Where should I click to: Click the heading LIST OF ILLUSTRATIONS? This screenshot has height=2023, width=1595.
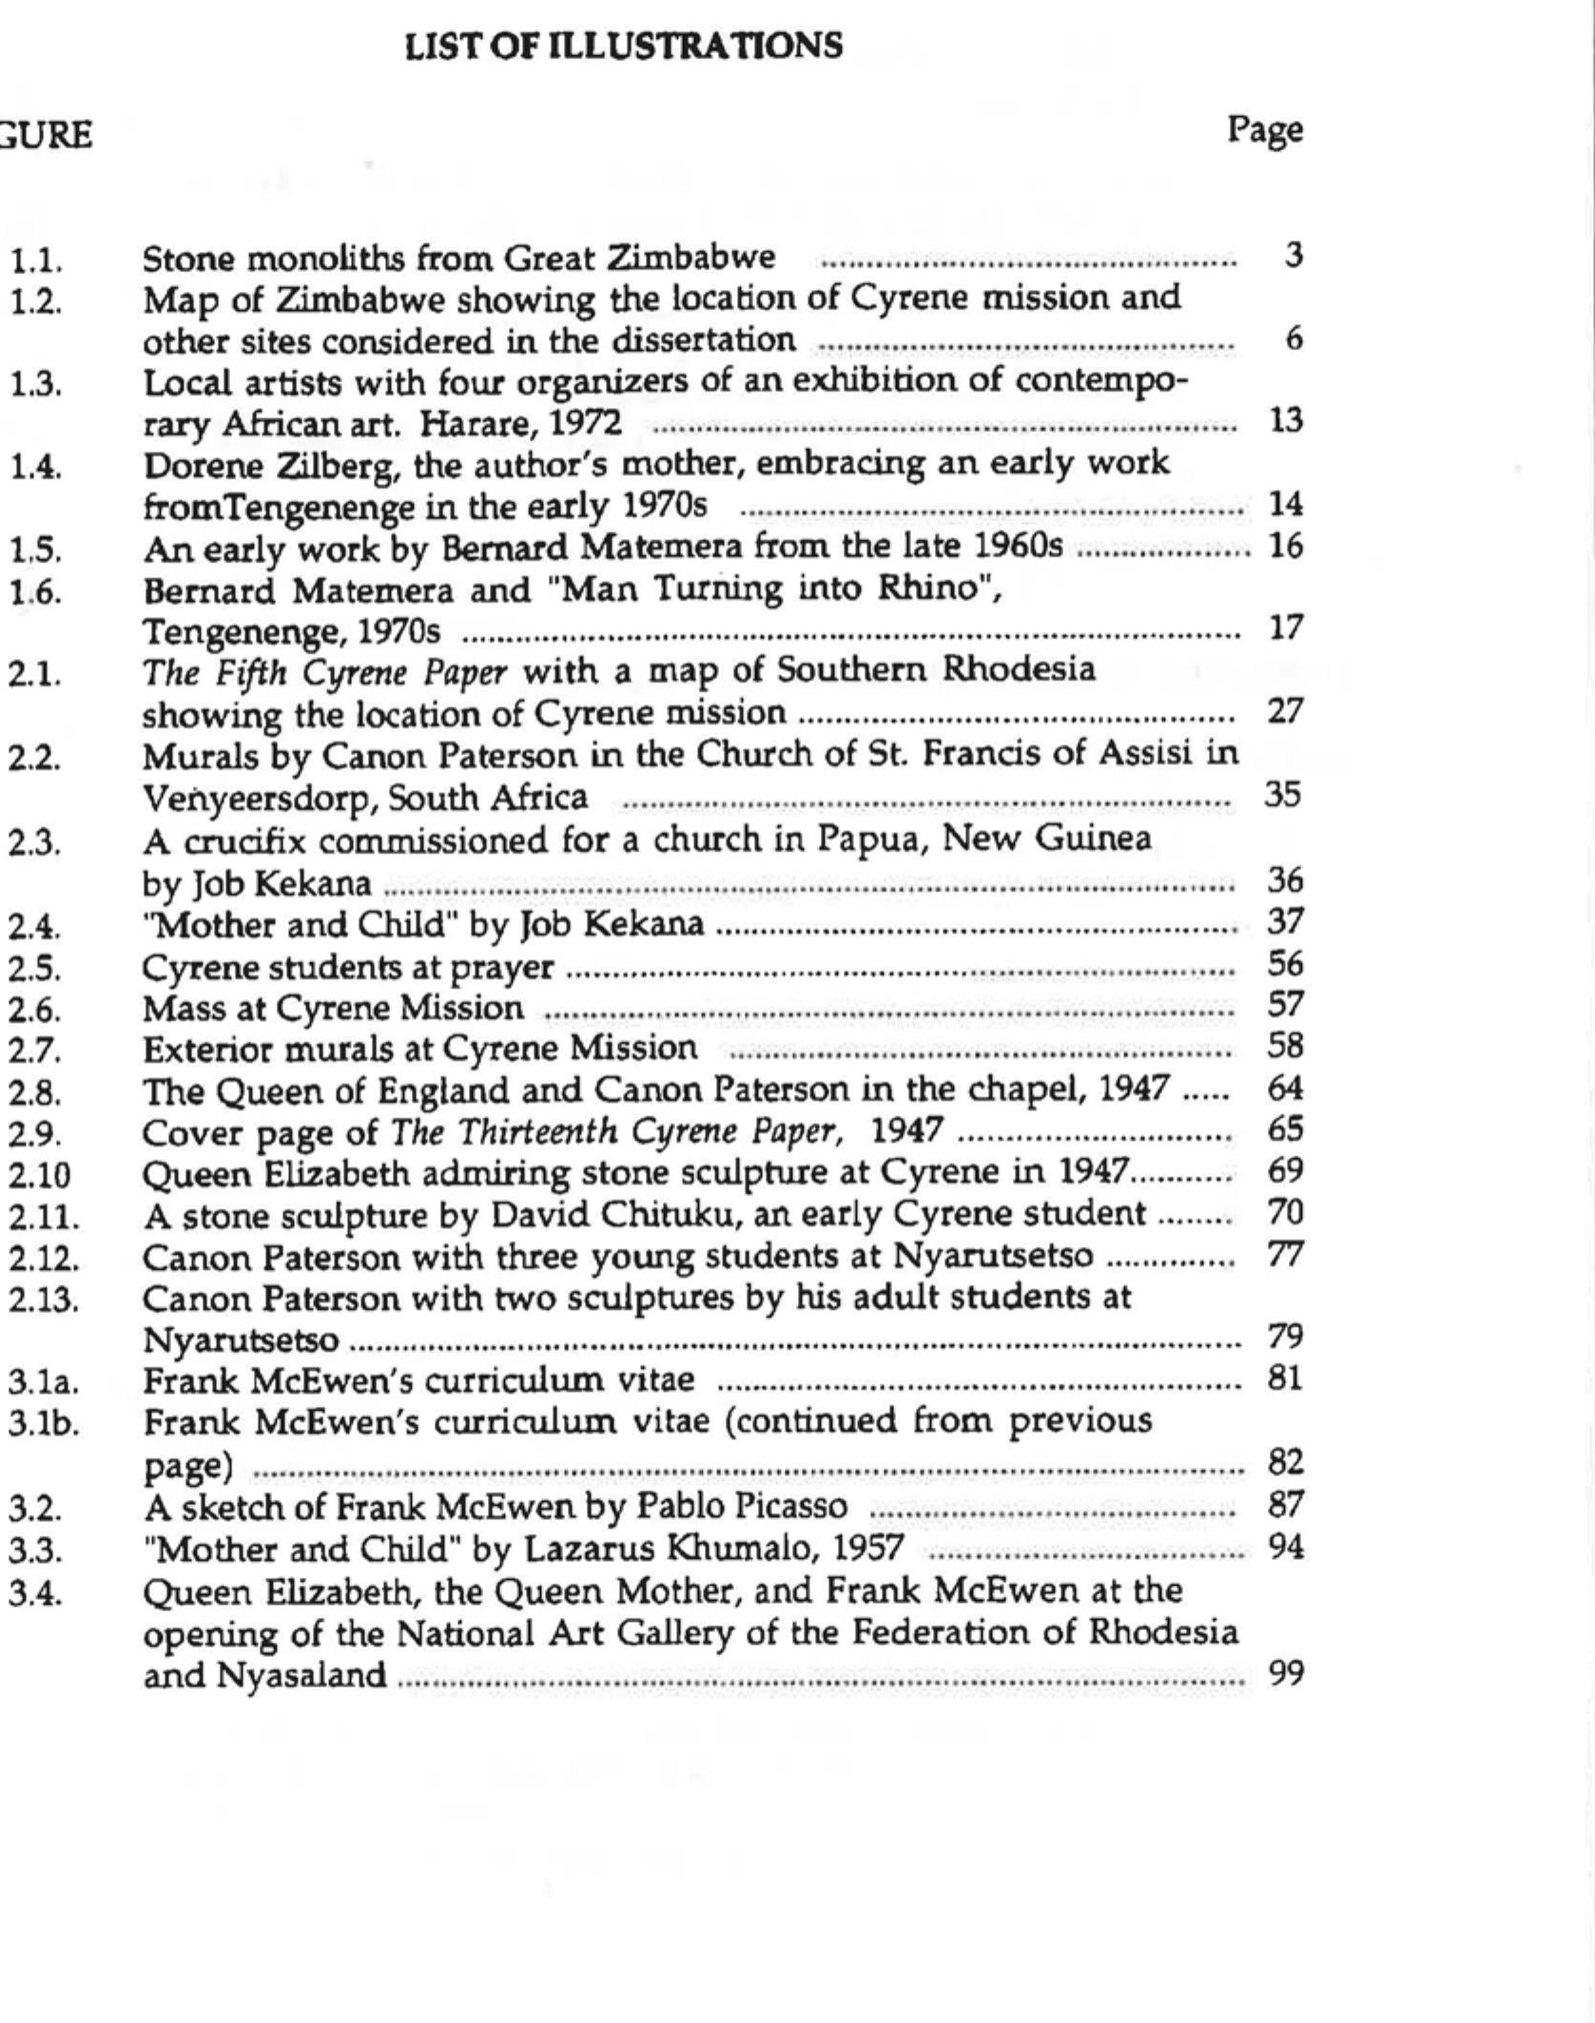pyautogui.click(x=624, y=47)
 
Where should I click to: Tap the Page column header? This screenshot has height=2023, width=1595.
pyautogui.click(x=1264, y=130)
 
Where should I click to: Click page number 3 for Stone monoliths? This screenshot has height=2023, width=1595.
pyautogui.click(x=1292, y=257)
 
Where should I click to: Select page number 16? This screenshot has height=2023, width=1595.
pyautogui.click(x=1285, y=548)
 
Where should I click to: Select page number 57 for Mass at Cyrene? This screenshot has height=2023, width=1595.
pyautogui.click(x=1284, y=1006)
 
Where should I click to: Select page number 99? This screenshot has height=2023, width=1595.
pyautogui.click(x=1285, y=1673)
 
